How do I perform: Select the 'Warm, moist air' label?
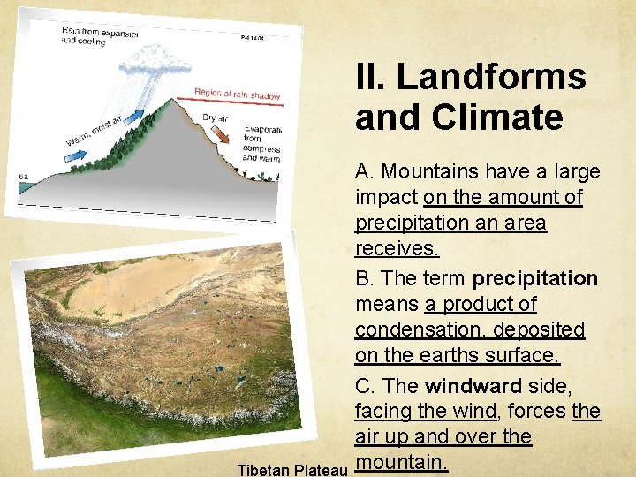click(x=100, y=131)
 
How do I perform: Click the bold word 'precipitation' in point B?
click(x=534, y=278)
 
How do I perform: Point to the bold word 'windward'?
click(x=473, y=385)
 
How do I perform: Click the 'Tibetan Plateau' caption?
click(x=291, y=467)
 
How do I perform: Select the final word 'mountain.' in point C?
click(x=401, y=461)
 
